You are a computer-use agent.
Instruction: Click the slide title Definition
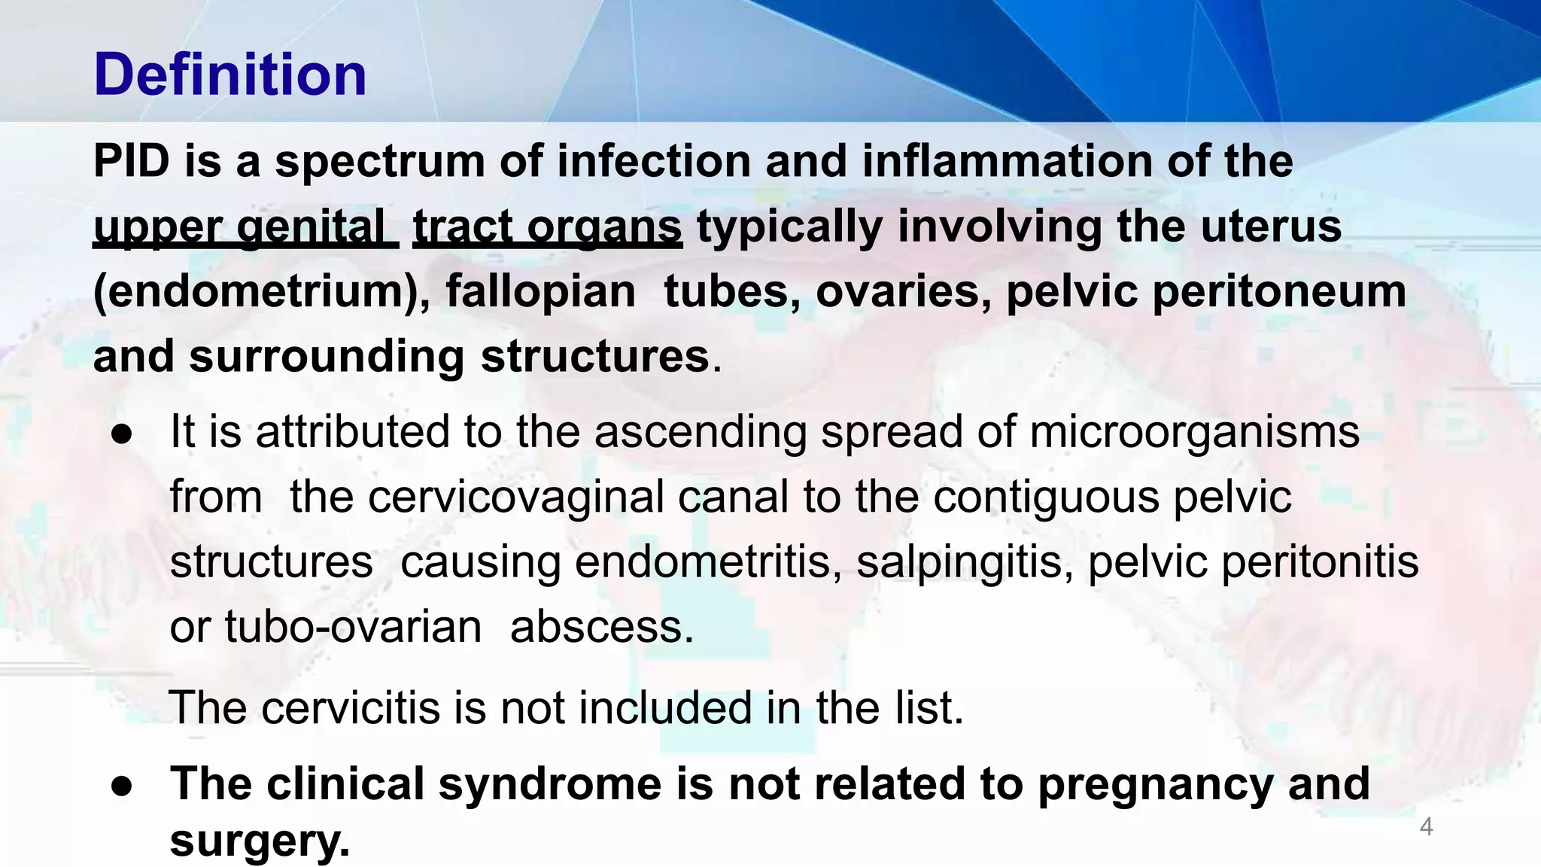click(229, 75)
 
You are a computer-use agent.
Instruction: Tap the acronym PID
click(131, 161)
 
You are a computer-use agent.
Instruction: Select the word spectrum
click(380, 163)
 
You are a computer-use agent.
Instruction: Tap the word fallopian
click(540, 292)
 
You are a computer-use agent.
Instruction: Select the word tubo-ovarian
click(353, 627)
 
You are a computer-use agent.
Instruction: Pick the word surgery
click(260, 841)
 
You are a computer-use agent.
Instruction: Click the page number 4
click(1426, 827)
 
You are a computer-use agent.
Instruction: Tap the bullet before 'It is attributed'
click(122, 434)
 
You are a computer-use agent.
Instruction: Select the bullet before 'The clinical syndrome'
click(122, 785)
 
